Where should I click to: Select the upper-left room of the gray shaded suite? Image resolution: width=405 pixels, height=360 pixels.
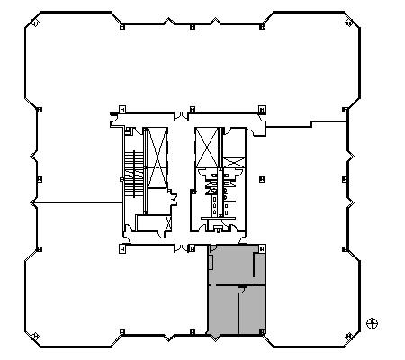coord(231,265)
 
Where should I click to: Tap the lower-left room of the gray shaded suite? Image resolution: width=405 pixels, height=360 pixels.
coord(223,311)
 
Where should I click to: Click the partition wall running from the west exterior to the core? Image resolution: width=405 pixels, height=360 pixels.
coord(76,202)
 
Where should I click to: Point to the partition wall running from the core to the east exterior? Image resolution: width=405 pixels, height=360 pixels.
coord(306,125)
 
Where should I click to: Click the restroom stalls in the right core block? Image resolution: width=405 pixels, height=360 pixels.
coord(219,184)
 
